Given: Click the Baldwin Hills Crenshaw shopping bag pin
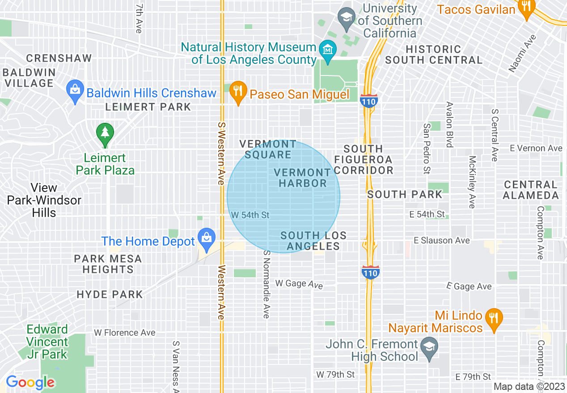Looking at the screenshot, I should pyautogui.click(x=75, y=91).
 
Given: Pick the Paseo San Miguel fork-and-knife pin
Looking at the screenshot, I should pyautogui.click(x=238, y=92).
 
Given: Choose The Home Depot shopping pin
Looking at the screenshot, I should pyautogui.click(x=207, y=239).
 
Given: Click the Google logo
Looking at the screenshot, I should pyautogui.click(x=30, y=383).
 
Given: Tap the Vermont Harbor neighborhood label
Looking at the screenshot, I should pyautogui.click(x=303, y=178).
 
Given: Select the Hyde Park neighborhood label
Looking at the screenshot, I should pyautogui.click(x=110, y=295).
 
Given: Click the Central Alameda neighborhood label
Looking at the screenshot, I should pyautogui.click(x=531, y=190).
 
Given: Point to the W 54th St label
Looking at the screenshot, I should pyautogui.click(x=250, y=215).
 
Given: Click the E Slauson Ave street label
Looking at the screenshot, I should pyautogui.click(x=442, y=241).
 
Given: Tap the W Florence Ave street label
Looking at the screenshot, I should pyautogui.click(x=125, y=333).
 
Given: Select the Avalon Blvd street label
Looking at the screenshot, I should pyautogui.click(x=450, y=124).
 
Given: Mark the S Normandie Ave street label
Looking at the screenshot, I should pyautogui.click(x=267, y=284).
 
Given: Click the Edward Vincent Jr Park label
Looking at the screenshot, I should pyautogui.click(x=47, y=342).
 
